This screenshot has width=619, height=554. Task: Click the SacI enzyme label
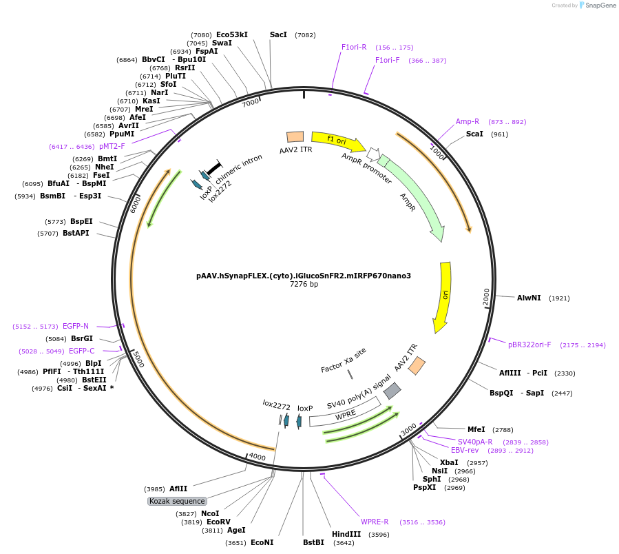tap(278, 34)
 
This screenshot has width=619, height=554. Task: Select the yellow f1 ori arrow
tap(337, 141)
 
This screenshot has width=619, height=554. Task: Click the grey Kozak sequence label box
tap(177, 501)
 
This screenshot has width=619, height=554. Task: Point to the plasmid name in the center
tap(304, 276)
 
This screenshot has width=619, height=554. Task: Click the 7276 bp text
tap(304, 285)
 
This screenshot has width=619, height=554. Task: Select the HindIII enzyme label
tap(346, 534)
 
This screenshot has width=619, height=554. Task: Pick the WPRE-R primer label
tap(375, 522)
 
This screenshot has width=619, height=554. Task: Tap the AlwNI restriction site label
tap(529, 298)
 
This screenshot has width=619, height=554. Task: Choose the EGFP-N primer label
tap(76, 326)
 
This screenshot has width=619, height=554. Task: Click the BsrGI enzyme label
tap(81, 338)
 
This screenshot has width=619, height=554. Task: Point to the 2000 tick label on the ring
tap(487, 296)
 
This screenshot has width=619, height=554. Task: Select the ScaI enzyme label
tap(474, 134)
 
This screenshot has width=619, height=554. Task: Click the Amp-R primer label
tap(468, 121)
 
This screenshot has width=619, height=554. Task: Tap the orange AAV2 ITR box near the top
tap(295, 137)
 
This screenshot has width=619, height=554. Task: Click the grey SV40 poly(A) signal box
tap(392, 391)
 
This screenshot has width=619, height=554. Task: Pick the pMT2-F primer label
tap(112, 146)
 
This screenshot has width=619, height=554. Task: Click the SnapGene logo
tap(598, 6)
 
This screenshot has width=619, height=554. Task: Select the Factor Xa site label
tap(344, 360)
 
